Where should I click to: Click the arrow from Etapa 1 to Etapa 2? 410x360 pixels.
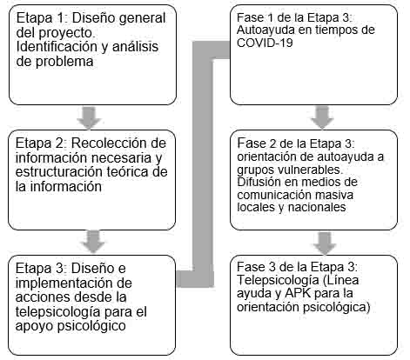click(89, 117)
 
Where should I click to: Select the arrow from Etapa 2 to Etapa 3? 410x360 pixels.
click(93, 241)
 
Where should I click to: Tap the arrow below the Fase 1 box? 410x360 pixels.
click(322, 117)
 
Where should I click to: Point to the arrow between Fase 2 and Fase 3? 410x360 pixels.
click(325, 243)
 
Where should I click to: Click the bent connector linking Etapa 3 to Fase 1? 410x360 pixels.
click(203, 163)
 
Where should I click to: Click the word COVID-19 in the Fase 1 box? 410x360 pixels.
click(265, 43)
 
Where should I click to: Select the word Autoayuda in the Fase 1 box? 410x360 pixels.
click(265, 30)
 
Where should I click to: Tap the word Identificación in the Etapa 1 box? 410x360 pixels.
click(57, 47)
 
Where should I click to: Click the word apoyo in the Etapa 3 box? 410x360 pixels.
click(34, 326)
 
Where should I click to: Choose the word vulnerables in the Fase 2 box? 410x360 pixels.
click(309, 170)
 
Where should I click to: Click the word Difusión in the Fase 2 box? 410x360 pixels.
click(259, 182)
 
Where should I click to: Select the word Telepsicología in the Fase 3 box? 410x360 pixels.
click(278, 280)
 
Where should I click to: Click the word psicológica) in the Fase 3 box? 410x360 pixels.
click(336, 307)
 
